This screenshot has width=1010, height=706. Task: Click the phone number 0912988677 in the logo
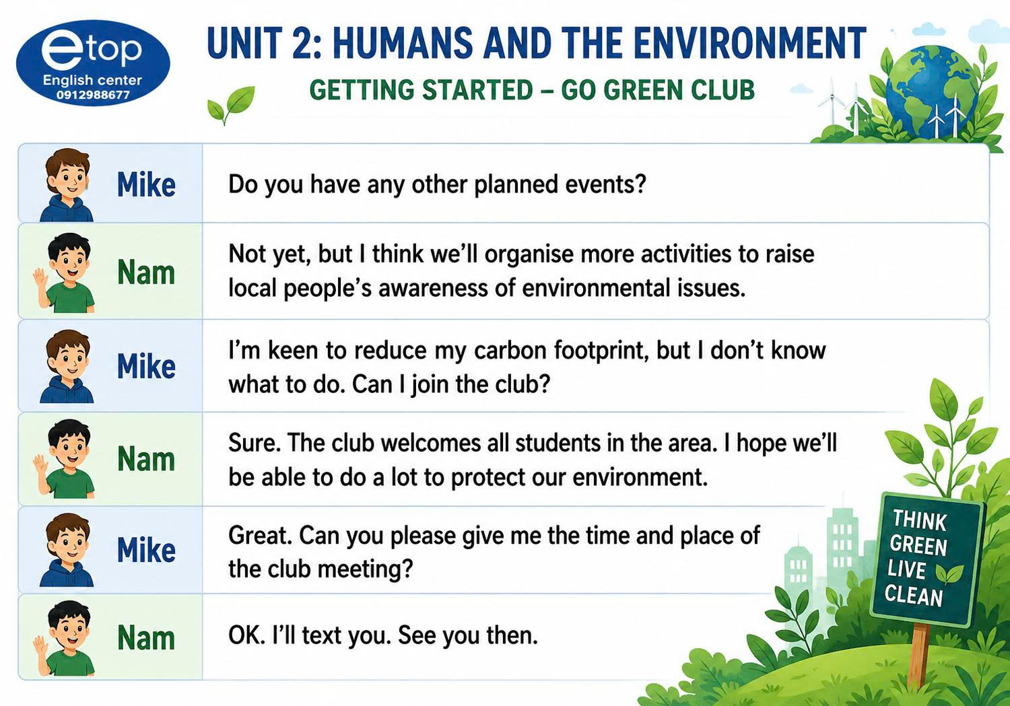[x=93, y=95]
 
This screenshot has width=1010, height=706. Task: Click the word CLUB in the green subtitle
[x=723, y=90]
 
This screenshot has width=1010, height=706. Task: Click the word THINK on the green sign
[x=920, y=521]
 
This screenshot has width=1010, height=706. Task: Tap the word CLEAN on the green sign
[x=914, y=596]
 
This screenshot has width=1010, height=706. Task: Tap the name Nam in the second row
[x=146, y=273]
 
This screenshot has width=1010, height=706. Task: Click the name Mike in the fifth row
[x=146, y=550]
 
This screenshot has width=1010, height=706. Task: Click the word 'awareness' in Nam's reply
[x=434, y=289]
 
